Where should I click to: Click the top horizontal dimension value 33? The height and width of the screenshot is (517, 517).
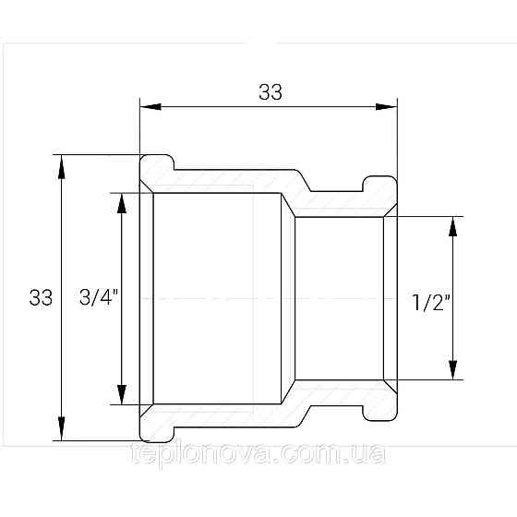tap(271, 92)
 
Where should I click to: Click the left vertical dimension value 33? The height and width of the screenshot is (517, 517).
tap(41, 297)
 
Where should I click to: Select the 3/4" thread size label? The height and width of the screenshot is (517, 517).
tap(98, 296)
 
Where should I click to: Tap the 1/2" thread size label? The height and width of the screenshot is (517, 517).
tap(431, 302)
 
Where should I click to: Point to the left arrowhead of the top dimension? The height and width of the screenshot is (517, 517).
tap(150, 106)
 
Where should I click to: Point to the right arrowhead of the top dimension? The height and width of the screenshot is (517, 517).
tap(387, 106)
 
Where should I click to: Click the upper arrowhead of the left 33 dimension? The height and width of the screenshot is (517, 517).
tap(61, 167)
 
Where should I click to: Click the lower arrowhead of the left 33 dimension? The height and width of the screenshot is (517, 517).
tap(61, 428)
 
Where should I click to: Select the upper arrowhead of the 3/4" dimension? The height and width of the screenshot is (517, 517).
tap(122, 203)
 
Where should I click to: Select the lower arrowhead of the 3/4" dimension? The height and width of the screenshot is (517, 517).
tap(122, 394)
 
